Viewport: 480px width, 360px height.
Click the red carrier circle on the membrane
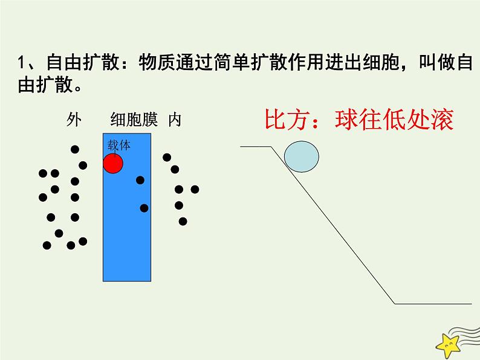pyautogui.click(x=113, y=163)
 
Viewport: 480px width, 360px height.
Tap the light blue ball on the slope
pyautogui.click(x=301, y=156)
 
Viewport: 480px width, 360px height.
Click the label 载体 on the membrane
pyautogui.click(x=119, y=145)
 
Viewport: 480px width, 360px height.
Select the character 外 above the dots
pyautogui.click(x=74, y=120)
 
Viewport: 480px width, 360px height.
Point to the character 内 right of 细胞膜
pyautogui.click(x=174, y=120)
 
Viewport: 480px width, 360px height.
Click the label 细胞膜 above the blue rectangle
pyautogui.click(x=134, y=120)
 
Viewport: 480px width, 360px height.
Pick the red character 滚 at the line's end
pyautogui.click(x=440, y=120)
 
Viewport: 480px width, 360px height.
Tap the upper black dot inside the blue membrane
pyautogui.click(x=140, y=180)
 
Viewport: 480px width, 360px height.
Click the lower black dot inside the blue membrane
pyautogui.click(x=144, y=208)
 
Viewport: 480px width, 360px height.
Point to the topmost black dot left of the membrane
pyautogui.click(x=75, y=149)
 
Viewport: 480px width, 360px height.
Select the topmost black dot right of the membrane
pyautogui.click(x=167, y=158)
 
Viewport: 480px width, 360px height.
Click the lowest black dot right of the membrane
pyautogui.click(x=183, y=221)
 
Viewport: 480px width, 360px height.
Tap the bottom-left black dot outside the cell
pyautogui.click(x=47, y=245)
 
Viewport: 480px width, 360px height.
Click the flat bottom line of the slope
pyautogui.click(x=432, y=303)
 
